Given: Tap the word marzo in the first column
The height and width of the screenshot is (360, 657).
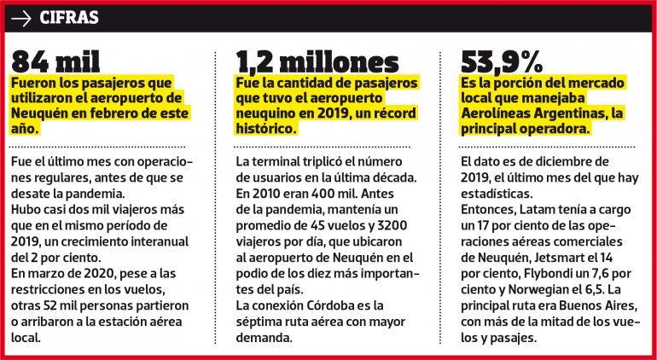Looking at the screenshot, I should pos(51,274).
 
